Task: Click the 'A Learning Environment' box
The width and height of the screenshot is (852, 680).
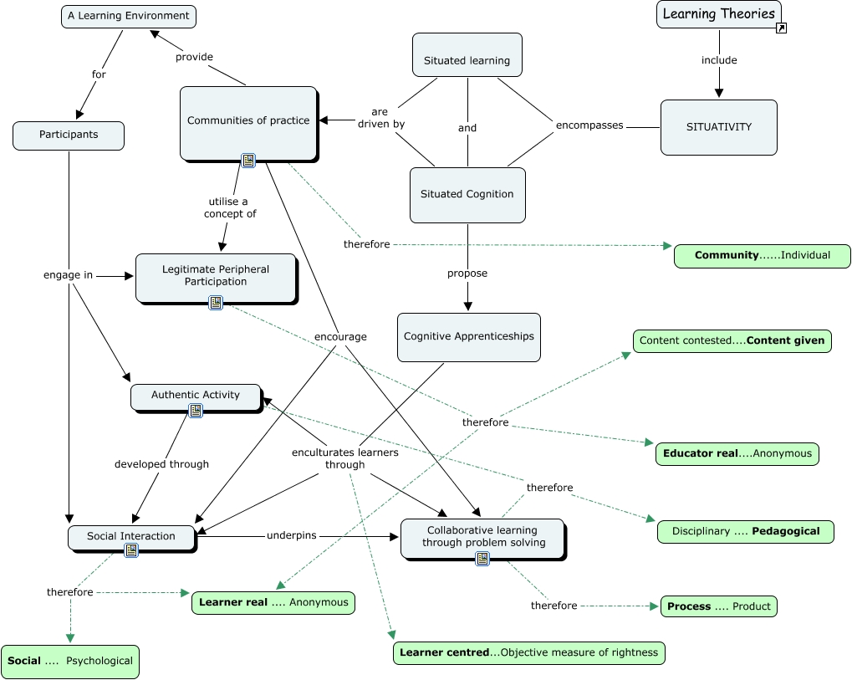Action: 129,16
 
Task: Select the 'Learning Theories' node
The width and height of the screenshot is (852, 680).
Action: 718,14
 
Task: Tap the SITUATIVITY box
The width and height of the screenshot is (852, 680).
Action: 718,127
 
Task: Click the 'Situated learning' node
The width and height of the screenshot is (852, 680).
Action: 467,61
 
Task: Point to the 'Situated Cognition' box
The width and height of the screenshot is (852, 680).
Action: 467,194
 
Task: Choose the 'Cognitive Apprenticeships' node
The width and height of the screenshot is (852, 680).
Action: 468,336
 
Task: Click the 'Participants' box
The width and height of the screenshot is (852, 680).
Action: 69,135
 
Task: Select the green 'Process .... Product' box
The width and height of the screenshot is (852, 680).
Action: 719,606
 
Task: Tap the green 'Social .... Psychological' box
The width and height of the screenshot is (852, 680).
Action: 70,661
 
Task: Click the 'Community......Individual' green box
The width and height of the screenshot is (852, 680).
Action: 762,255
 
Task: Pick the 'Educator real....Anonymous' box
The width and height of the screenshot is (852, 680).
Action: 737,453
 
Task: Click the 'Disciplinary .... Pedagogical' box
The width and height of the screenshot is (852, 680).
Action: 745,531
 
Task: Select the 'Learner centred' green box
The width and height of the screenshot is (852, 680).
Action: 528,652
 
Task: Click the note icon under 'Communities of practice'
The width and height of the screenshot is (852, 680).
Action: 247,161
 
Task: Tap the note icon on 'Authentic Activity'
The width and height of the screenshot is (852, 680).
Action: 196,411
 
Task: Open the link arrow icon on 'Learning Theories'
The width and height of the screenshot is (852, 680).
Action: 781,28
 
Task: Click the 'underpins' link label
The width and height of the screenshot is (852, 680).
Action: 291,535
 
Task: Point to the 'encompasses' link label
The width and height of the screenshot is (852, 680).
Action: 589,125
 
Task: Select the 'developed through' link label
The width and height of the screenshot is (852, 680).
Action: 161,464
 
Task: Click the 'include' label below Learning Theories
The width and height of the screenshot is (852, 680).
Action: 718,60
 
